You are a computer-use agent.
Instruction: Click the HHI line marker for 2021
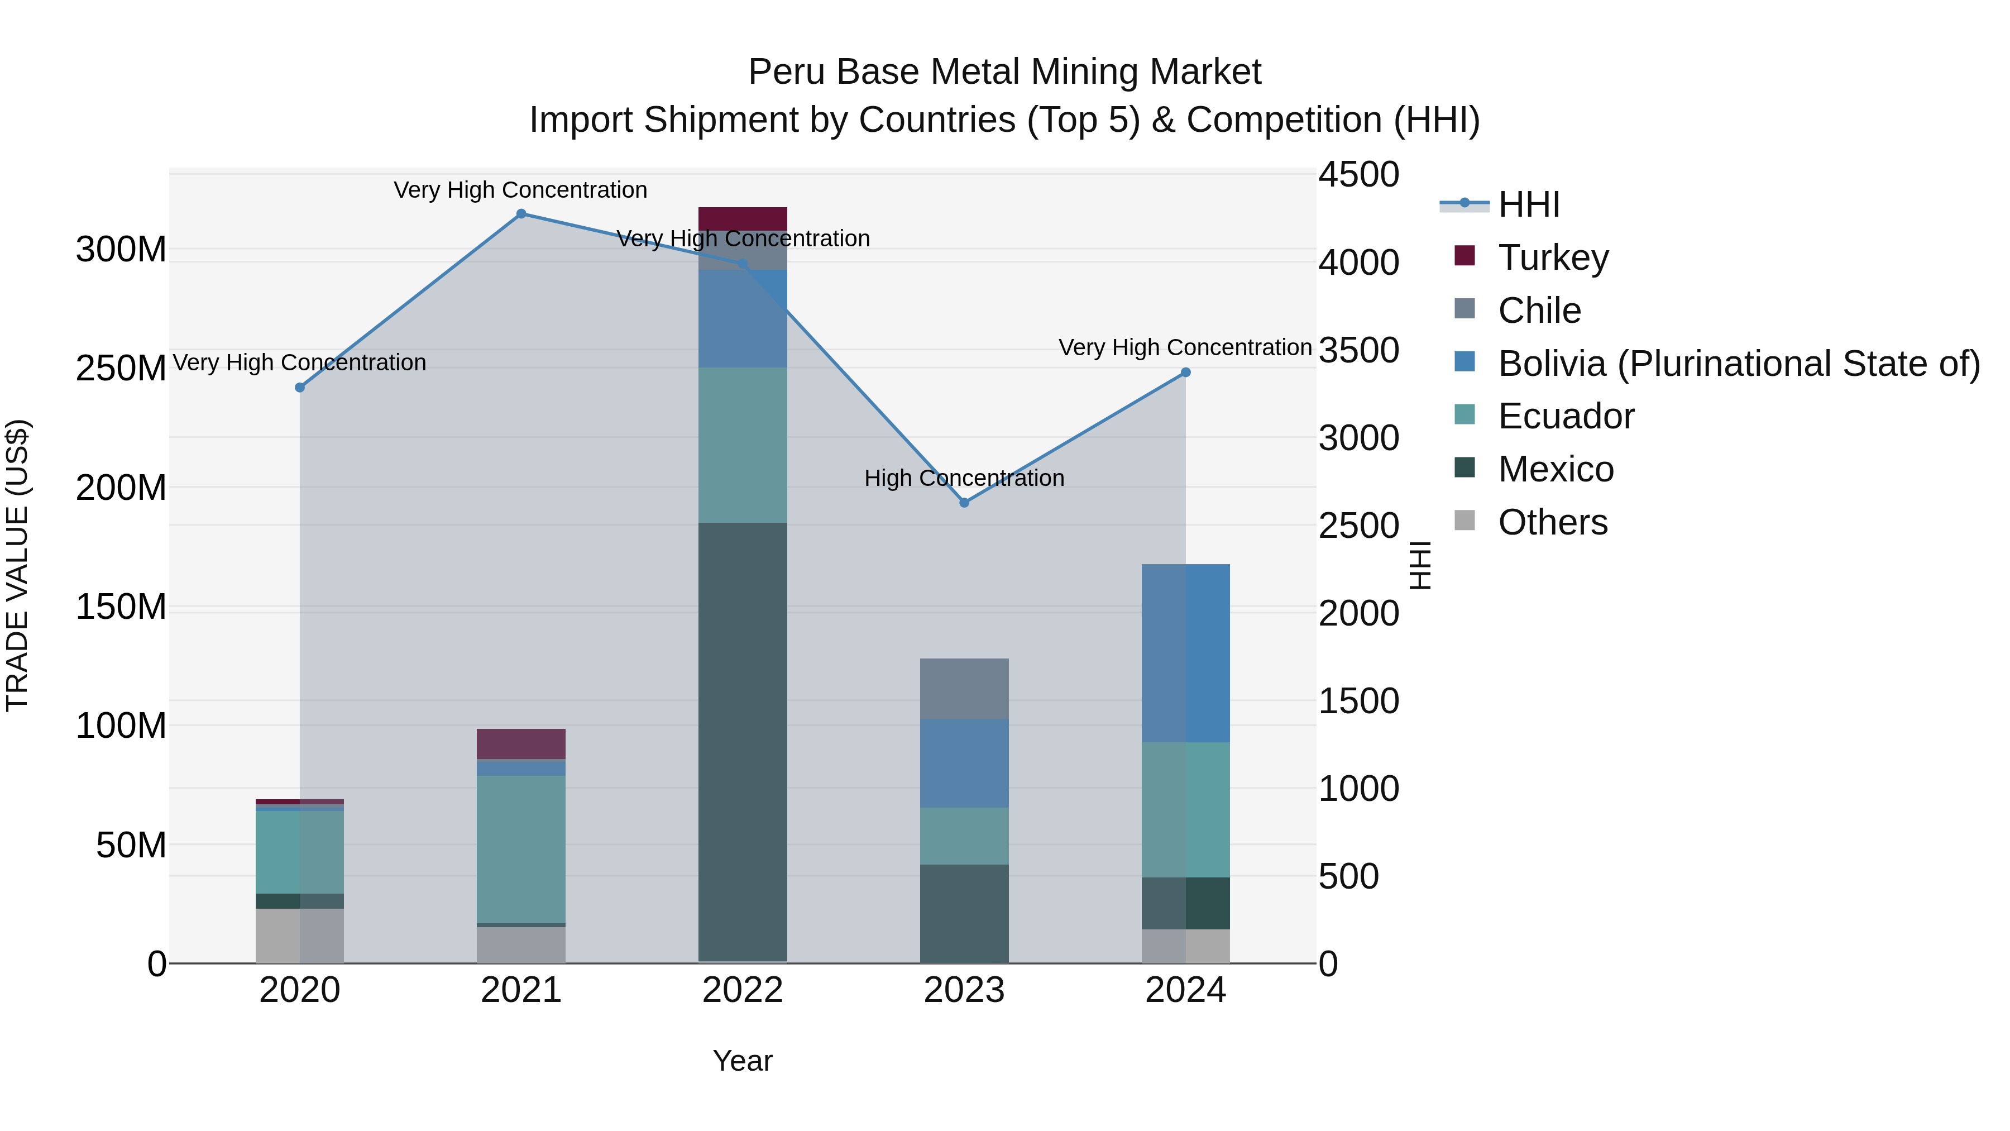[x=521, y=214]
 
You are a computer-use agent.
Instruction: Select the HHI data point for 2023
[x=964, y=503]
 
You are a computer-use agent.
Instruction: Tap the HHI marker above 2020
[x=300, y=387]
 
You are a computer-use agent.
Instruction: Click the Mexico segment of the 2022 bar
[x=742, y=742]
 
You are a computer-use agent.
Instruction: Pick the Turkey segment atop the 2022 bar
[x=742, y=218]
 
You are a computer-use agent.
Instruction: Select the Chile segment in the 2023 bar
[x=964, y=689]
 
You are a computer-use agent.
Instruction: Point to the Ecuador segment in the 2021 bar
[x=521, y=849]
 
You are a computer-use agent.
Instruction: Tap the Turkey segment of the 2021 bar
[x=521, y=744]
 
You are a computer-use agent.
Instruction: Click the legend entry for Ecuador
[x=1565, y=416]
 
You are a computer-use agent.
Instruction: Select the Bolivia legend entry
[x=1739, y=364]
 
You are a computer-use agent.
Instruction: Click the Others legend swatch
[x=1465, y=521]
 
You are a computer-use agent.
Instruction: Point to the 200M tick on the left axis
[x=121, y=488]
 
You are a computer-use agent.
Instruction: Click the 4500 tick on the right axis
[x=1358, y=174]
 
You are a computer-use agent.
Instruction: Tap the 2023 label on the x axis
[x=964, y=990]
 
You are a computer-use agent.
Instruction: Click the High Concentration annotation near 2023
[x=964, y=478]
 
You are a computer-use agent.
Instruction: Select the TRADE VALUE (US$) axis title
[x=17, y=566]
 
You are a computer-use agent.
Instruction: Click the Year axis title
[x=742, y=1061]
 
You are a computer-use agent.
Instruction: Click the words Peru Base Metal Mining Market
[x=1004, y=72]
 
